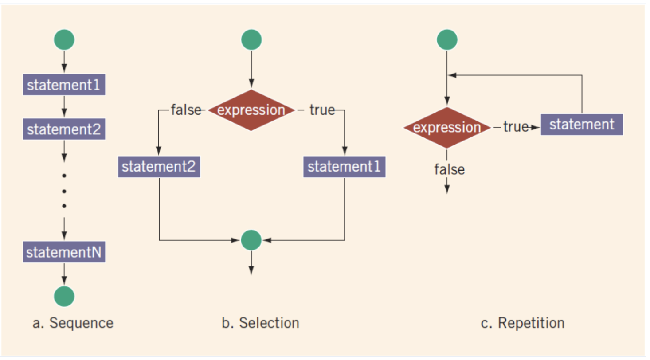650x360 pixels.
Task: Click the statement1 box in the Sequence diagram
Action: (x=64, y=85)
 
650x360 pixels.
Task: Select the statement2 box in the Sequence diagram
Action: (x=64, y=129)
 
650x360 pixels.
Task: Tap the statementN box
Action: (x=64, y=252)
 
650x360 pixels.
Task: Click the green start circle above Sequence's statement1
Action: (x=64, y=40)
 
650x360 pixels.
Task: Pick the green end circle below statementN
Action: (x=64, y=297)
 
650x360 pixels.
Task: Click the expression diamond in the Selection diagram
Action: (x=251, y=110)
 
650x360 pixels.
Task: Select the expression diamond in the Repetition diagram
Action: (x=447, y=128)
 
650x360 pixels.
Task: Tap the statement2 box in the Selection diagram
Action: (x=159, y=167)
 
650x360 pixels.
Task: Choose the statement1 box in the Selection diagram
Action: (x=345, y=167)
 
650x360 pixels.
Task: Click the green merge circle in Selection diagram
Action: (x=251, y=240)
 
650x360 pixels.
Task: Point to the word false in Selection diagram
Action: (x=186, y=110)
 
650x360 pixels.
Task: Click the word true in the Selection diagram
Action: (x=322, y=110)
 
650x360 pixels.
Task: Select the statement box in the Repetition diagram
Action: (x=582, y=125)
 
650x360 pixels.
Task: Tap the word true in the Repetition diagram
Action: (x=516, y=127)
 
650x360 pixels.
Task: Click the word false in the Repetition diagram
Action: (x=449, y=169)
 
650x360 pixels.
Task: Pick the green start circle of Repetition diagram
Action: (x=447, y=40)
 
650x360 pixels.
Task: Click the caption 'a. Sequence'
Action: (x=73, y=323)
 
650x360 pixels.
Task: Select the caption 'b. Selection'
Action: (x=260, y=323)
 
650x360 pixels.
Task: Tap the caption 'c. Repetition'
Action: (x=523, y=323)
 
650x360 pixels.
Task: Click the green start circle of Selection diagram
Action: (x=251, y=40)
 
